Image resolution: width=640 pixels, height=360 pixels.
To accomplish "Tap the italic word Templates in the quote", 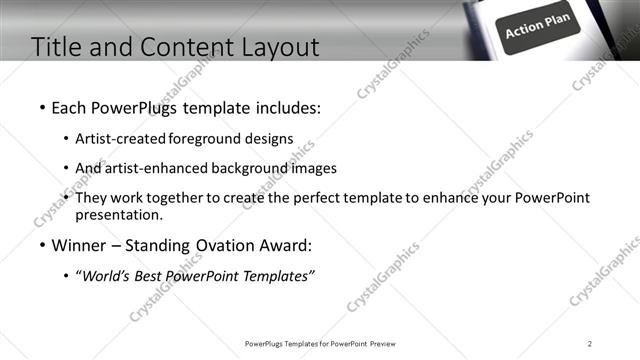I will tap(276, 276).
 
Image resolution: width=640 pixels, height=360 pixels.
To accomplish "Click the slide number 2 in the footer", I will tap(590, 344).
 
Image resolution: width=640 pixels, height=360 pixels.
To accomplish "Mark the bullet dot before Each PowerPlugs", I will tap(41, 106).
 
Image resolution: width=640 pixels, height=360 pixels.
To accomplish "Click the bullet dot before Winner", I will tap(41, 245).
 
